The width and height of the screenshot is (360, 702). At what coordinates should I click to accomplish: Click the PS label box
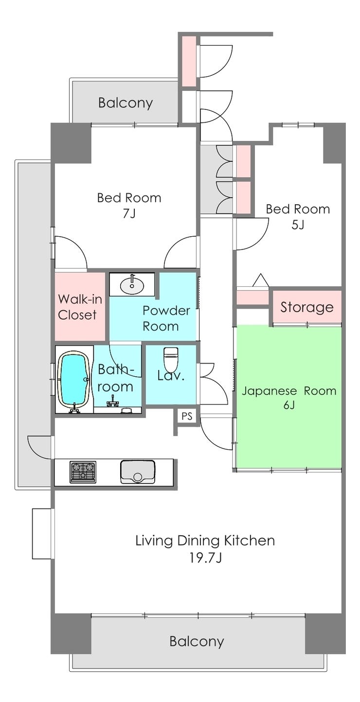point(187,417)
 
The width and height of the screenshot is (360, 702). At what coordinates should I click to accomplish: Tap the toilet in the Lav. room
point(171,357)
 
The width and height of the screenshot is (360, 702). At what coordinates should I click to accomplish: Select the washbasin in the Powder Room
point(132,284)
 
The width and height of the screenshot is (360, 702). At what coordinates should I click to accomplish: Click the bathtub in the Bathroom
point(74,380)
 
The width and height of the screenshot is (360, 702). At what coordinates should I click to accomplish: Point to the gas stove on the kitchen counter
point(83,472)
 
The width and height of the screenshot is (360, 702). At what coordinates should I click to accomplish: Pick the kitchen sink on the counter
point(138,472)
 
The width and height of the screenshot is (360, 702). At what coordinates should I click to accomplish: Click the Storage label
point(306,307)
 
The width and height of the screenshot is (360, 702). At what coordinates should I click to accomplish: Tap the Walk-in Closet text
point(80,307)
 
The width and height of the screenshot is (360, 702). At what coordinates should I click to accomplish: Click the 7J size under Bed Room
point(129,214)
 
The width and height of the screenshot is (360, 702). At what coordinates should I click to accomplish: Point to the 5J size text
point(298,225)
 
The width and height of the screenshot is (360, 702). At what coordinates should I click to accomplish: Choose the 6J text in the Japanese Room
point(289,405)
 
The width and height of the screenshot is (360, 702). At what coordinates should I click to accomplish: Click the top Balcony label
point(126,103)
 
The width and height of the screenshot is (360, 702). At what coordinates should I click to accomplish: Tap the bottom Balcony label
point(197,632)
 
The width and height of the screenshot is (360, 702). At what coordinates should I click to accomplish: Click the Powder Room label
point(166,318)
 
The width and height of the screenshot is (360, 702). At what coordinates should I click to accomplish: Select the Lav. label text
point(171,375)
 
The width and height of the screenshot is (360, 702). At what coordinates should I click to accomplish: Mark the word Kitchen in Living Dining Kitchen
point(250,541)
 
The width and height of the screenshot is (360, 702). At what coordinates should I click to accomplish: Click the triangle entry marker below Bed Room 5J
point(261,280)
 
